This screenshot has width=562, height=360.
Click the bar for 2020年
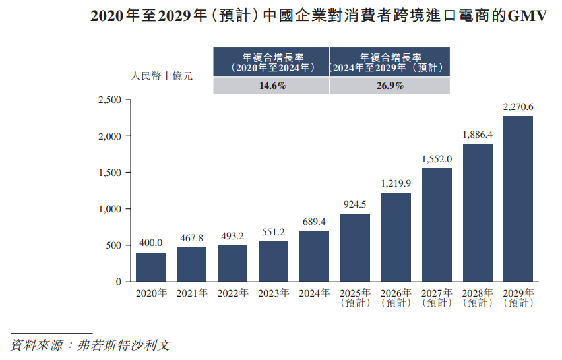150,267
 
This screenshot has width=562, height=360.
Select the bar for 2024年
314,256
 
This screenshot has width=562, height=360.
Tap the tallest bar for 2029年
518,199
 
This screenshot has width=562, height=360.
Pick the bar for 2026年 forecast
396,237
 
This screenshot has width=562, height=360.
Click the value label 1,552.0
437,159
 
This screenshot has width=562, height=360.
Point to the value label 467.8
191,238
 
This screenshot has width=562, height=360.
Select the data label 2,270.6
518,107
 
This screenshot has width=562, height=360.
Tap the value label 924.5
355,205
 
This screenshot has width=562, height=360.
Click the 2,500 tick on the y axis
109,100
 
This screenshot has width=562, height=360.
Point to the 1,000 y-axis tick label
109,209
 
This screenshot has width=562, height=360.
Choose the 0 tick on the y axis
119,282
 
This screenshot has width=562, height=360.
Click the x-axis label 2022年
232,293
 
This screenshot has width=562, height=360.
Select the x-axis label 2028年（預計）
478,298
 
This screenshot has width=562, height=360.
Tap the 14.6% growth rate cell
271,86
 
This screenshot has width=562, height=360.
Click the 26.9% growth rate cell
390,86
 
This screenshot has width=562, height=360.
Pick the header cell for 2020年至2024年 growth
271,62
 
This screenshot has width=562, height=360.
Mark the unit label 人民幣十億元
162,76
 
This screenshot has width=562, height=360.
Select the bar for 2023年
273,261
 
